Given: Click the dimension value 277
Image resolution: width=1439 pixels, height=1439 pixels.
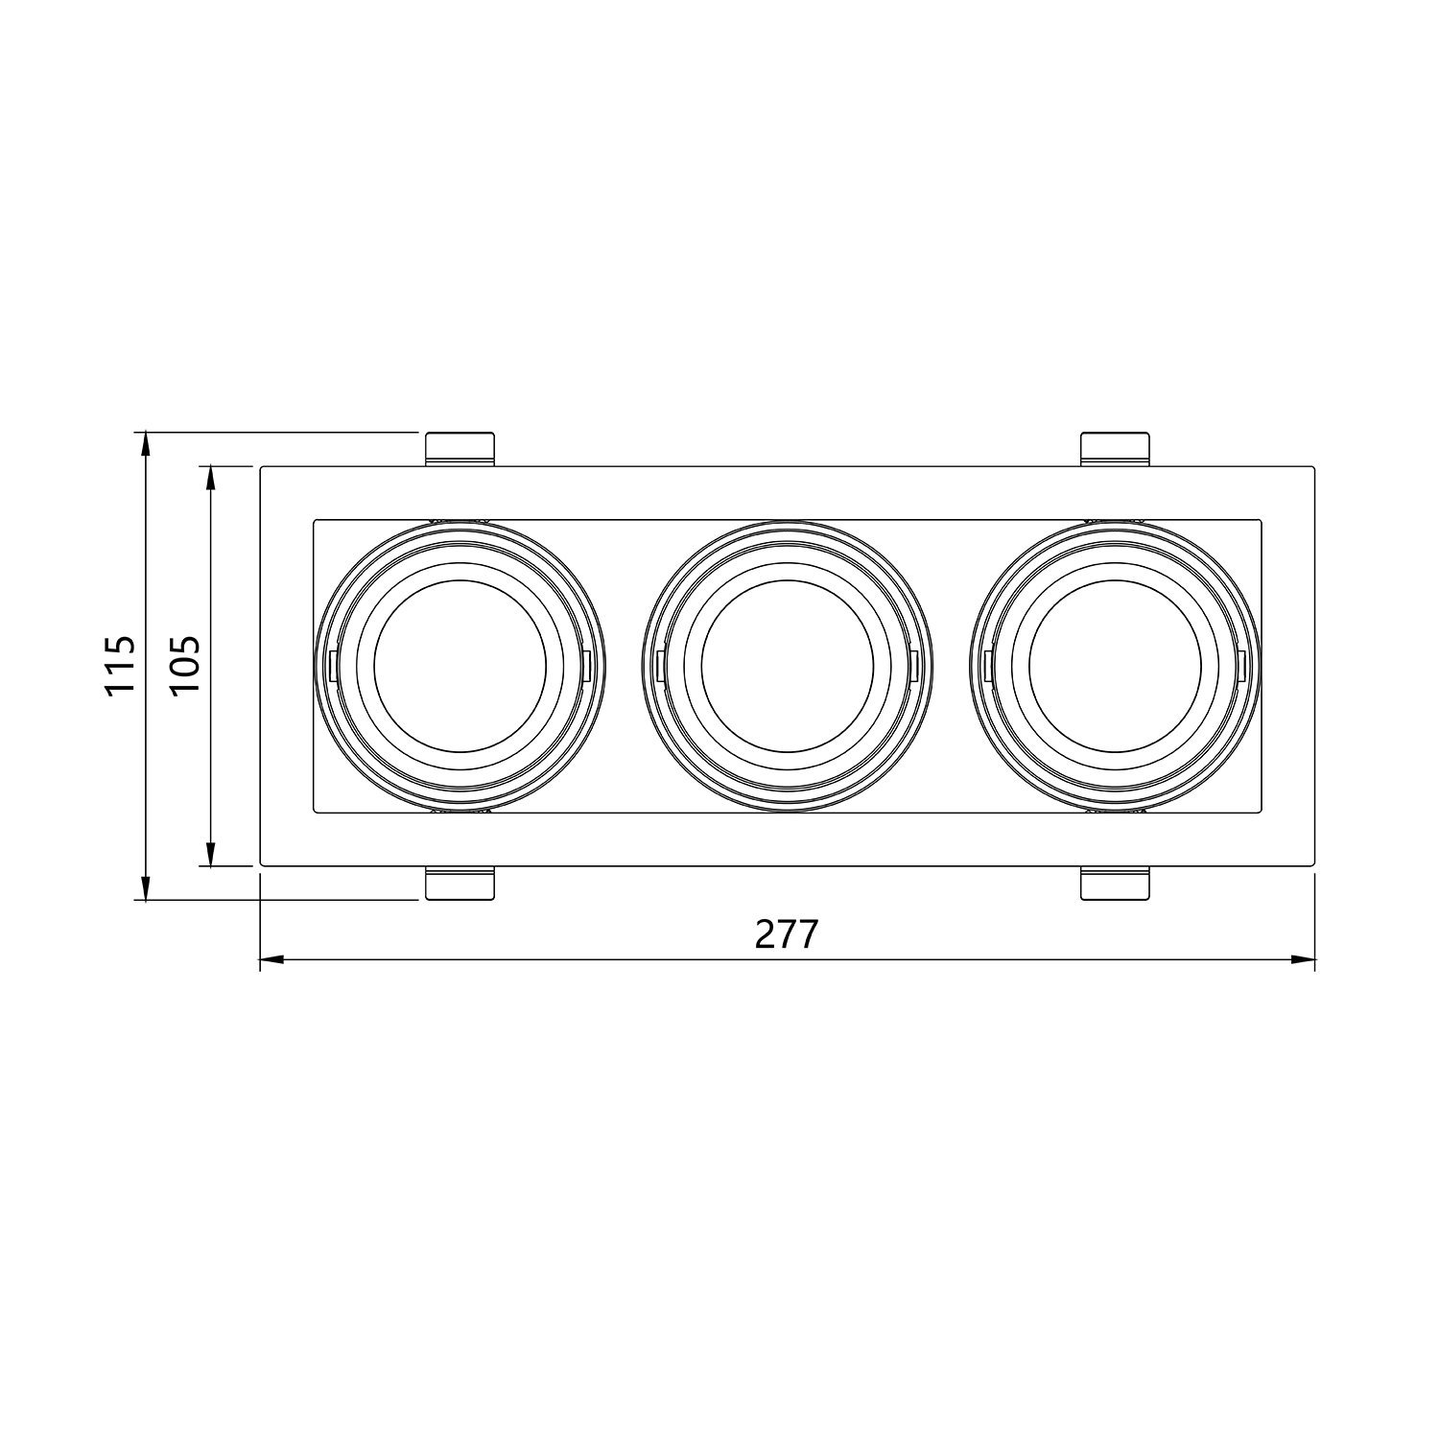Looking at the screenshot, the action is click(787, 933).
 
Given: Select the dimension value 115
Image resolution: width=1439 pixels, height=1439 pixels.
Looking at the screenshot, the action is click(122, 666).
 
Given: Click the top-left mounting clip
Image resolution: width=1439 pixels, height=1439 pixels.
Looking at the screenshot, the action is click(460, 449).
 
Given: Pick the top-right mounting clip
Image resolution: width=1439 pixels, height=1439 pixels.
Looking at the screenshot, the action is click(1115, 449).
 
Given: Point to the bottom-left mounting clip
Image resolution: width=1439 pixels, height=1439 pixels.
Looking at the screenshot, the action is click(460, 884).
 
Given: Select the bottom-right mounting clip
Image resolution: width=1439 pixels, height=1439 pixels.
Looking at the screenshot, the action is click(1115, 884).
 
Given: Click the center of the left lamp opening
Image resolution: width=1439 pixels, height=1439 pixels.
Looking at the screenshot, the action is click(460, 666).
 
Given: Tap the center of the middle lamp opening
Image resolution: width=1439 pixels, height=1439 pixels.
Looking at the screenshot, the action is click(787, 666).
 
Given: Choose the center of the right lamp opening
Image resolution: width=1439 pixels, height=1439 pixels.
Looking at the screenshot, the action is click(1115, 666).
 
